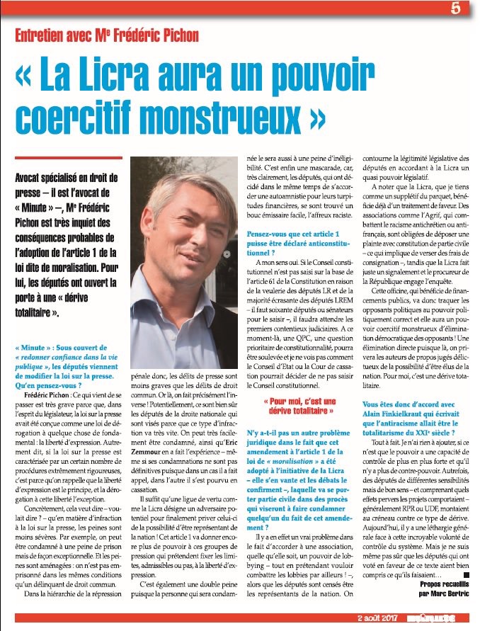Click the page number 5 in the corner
[456, 8]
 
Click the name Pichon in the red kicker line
[175, 35]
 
